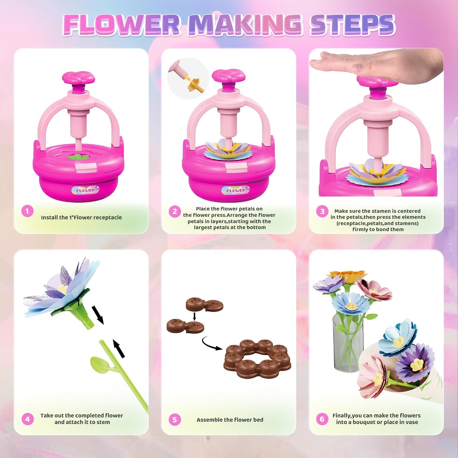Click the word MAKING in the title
point(244,24)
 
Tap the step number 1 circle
point(27,211)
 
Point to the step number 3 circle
point(322,211)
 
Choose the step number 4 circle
point(27,419)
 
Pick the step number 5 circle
point(175,420)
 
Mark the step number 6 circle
point(322,419)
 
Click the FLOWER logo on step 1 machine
point(85,190)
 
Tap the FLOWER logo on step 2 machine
point(235,190)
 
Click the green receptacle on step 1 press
point(78,157)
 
